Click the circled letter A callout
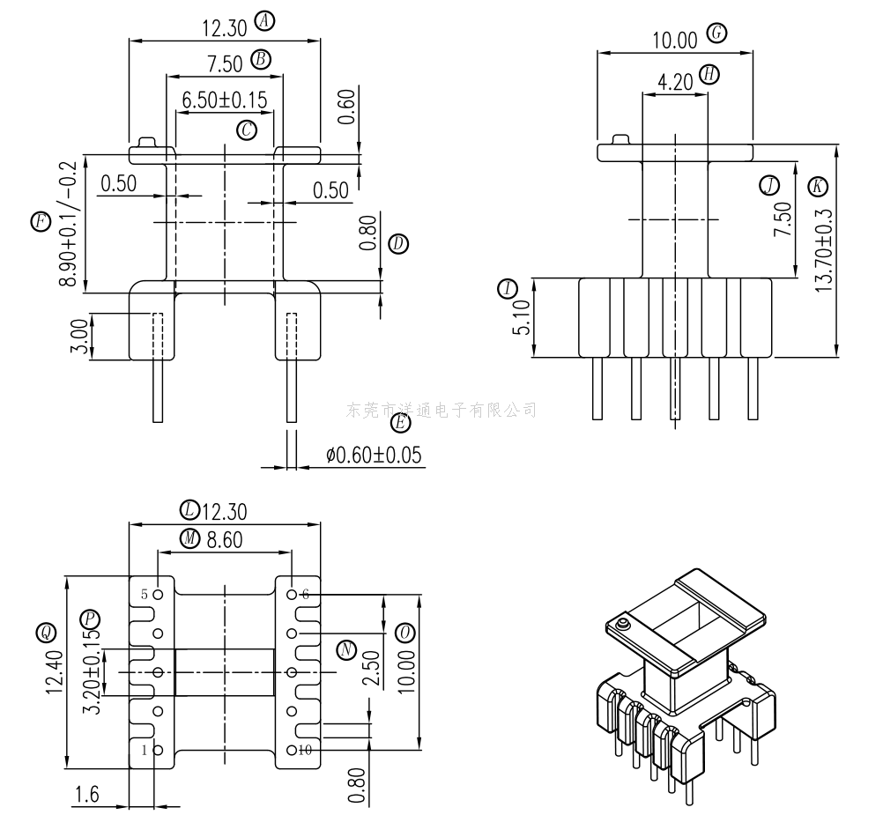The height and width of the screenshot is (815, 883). tap(263, 22)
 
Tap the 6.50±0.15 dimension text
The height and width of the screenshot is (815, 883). tap(224, 99)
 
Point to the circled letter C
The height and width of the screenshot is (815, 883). tap(247, 130)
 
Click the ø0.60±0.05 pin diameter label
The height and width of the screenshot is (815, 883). tap(374, 455)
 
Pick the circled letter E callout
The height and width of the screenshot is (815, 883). tap(400, 424)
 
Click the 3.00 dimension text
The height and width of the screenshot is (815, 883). tap(79, 337)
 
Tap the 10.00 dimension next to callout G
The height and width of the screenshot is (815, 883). tap(674, 39)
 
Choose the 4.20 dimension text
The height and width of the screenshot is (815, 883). tap(675, 82)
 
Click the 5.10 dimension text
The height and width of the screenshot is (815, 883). tap(521, 318)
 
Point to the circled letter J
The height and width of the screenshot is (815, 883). tap(769, 185)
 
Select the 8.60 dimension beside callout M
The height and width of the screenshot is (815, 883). tap(224, 539)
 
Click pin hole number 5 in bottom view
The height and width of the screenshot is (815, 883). tap(159, 595)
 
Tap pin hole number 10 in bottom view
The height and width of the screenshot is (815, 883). tap(292, 751)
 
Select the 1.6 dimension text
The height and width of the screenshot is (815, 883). tap(86, 795)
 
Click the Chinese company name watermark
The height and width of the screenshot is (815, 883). tap(441, 410)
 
